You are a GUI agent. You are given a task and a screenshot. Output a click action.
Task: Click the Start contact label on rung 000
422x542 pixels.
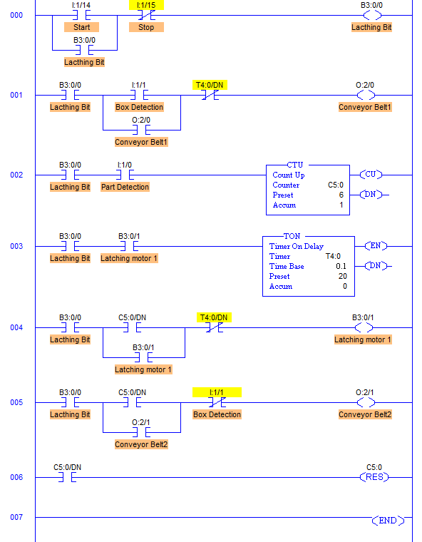click(81, 27)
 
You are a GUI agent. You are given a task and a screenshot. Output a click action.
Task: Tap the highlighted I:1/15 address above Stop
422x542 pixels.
click(146, 5)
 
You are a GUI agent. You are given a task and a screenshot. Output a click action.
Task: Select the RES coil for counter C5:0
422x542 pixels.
click(374, 477)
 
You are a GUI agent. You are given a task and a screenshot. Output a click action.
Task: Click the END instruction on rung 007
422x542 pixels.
click(388, 520)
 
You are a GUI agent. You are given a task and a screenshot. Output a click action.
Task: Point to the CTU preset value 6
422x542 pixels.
click(341, 195)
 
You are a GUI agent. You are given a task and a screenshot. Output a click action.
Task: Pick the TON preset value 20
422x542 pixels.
click(342, 276)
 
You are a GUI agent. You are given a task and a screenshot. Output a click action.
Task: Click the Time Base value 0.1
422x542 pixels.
click(341, 266)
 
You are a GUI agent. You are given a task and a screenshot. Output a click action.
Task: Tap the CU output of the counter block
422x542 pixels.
click(371, 175)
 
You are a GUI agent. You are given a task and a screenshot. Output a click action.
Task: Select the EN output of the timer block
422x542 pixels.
click(376, 246)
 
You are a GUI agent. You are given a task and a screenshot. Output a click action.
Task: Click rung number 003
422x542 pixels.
click(16, 246)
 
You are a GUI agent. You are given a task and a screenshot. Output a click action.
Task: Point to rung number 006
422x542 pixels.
click(16, 477)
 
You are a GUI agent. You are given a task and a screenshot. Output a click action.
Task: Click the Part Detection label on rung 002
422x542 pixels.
click(125, 187)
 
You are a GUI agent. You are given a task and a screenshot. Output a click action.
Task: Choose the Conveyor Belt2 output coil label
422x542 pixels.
click(365, 414)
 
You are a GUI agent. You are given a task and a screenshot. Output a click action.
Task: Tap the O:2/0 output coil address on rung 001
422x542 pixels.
click(365, 85)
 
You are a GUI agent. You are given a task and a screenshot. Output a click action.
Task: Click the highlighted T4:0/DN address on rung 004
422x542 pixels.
click(214, 317)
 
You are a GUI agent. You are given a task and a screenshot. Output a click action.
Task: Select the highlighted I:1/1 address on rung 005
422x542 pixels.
click(217, 392)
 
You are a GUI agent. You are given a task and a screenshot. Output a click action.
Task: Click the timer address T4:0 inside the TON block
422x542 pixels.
click(333, 256)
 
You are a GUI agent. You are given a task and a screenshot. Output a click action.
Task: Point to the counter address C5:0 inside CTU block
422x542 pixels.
click(336, 185)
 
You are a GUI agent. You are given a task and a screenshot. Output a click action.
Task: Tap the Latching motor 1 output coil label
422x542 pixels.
click(363, 339)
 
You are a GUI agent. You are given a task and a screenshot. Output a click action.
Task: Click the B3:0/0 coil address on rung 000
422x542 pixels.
click(371, 5)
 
